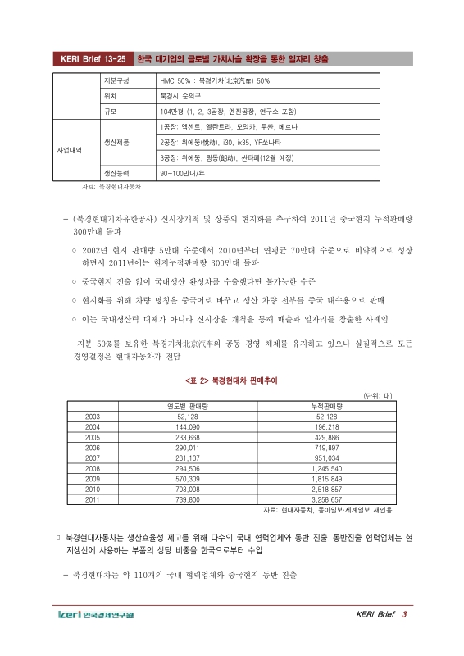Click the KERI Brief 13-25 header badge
pyautogui.click(x=92, y=59)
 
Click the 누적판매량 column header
pyautogui.click(x=327, y=407)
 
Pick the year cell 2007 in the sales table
pyautogui.click(x=93, y=458)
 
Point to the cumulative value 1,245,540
pyautogui.click(x=327, y=468)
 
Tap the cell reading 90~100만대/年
pyautogui.click(x=185, y=173)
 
